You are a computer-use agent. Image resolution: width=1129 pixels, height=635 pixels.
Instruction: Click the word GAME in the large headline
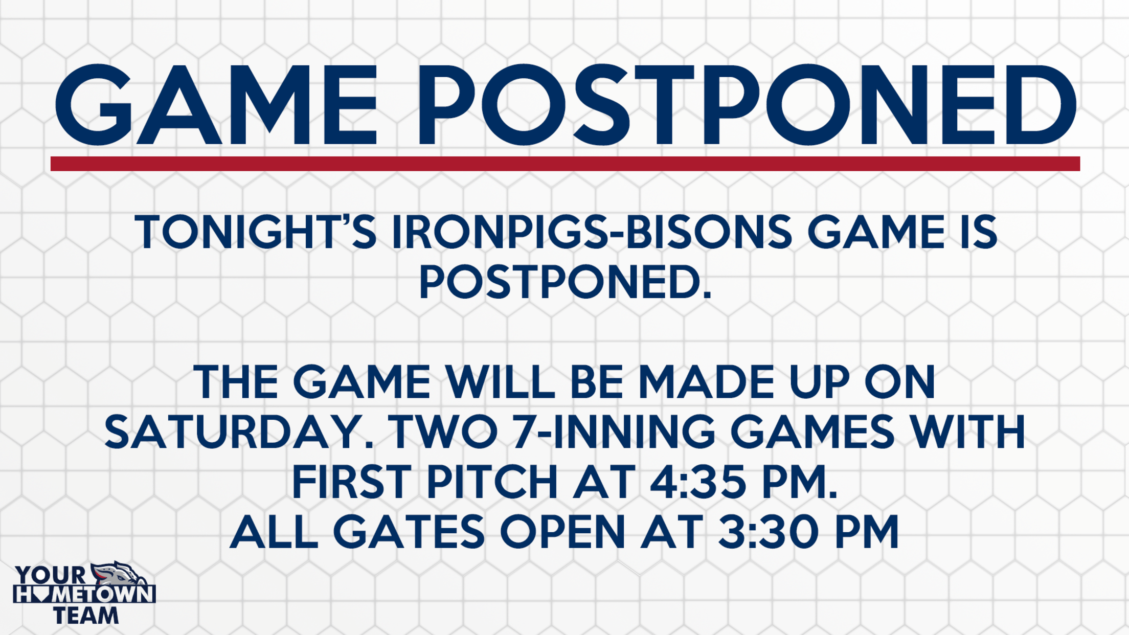tap(216, 105)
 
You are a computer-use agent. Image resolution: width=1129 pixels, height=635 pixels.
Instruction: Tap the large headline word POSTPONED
tap(748, 105)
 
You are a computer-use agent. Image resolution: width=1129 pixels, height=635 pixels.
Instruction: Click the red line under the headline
tap(565, 164)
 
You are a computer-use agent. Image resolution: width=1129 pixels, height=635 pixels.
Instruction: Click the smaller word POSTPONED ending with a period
tap(565, 282)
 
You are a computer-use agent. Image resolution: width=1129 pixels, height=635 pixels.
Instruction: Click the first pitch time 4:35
tap(698, 482)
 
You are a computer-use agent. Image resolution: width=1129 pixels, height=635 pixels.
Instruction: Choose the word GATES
tap(409, 531)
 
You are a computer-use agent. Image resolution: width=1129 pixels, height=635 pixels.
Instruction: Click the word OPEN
tap(562, 531)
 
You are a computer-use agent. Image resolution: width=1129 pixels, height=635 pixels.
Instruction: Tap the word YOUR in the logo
tap(51, 575)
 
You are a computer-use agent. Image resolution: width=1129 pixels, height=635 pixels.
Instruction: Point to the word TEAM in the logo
tap(86, 616)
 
